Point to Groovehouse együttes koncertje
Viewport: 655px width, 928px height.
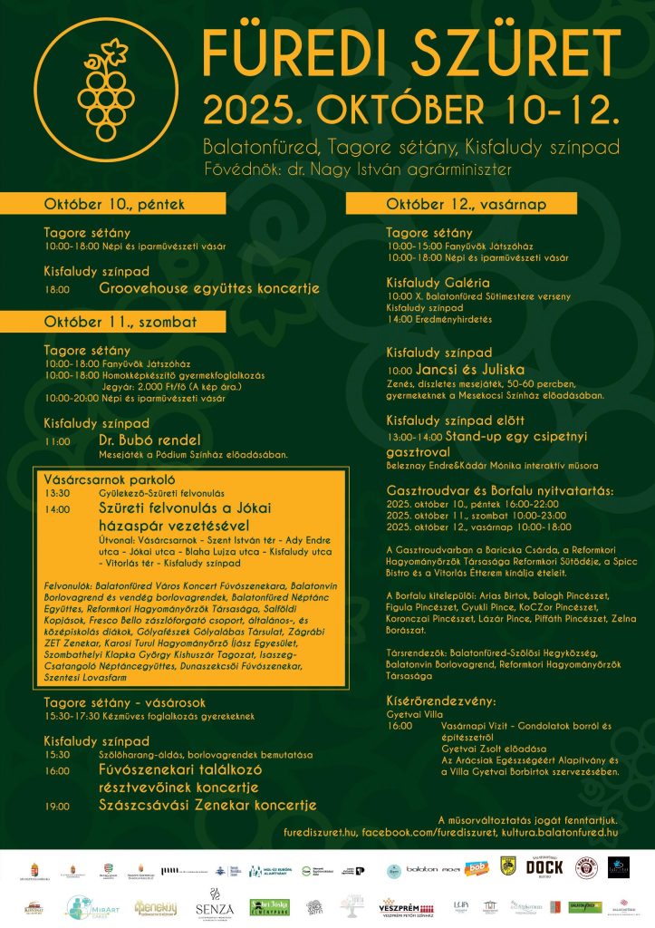(x=209, y=288)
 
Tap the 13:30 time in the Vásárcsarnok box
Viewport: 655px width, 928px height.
(x=56, y=493)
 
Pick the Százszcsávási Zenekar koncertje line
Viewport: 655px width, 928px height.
(x=207, y=805)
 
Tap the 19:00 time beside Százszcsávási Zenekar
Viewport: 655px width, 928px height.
(x=56, y=806)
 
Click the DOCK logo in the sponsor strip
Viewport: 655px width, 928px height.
(x=544, y=867)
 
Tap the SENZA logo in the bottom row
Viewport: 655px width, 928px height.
(x=215, y=906)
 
